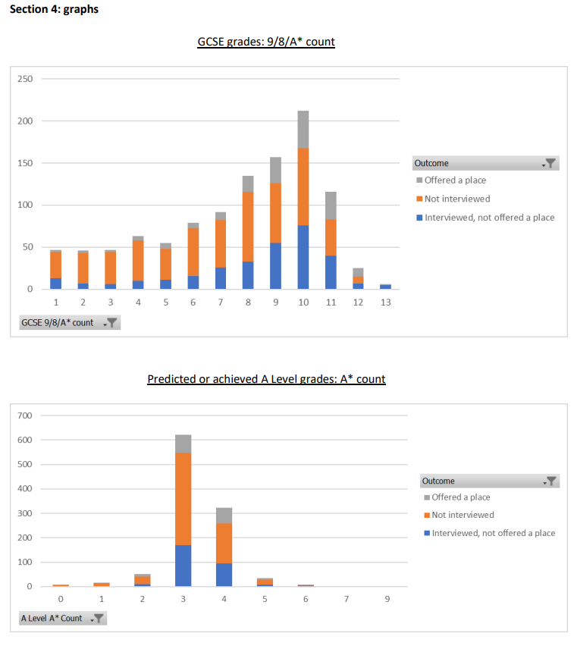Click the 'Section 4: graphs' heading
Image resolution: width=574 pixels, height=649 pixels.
point(53,10)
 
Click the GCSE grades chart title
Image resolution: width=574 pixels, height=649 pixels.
point(265,42)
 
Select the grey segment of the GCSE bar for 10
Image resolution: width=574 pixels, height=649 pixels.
point(303,129)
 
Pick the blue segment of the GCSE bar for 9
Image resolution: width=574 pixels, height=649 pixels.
point(275,265)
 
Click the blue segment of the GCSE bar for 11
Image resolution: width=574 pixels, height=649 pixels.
point(330,272)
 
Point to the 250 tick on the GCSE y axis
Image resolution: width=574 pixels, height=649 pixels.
point(25,79)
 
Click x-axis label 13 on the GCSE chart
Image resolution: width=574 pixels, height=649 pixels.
point(385,302)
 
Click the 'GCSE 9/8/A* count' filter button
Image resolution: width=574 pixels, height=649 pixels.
point(70,322)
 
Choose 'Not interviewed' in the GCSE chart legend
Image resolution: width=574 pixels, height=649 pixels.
point(456,199)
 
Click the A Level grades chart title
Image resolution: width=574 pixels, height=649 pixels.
point(266,379)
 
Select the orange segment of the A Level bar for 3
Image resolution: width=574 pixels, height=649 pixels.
point(183,498)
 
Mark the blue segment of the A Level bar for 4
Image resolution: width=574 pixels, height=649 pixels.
point(224,575)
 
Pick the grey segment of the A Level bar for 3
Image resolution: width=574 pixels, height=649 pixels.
point(183,444)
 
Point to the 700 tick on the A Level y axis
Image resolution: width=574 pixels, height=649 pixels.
point(25,415)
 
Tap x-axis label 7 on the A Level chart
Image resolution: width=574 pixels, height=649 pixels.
point(347,599)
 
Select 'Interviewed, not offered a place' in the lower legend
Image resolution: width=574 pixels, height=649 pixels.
point(493,533)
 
